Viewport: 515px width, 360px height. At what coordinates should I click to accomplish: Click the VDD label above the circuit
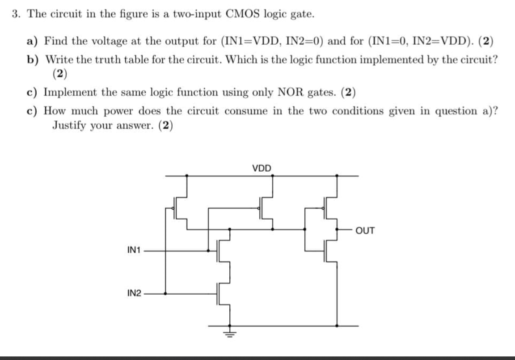262,169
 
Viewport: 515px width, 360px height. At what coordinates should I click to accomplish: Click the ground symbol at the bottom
230,332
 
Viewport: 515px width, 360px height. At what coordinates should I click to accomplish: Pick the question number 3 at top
17,14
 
